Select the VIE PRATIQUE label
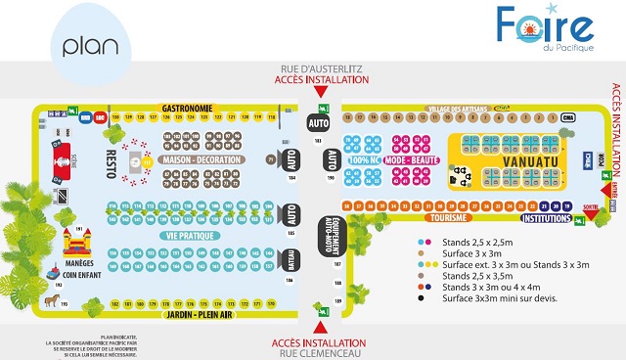pyautogui.click(x=191, y=236)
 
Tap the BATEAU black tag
pyautogui.click(x=291, y=259)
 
